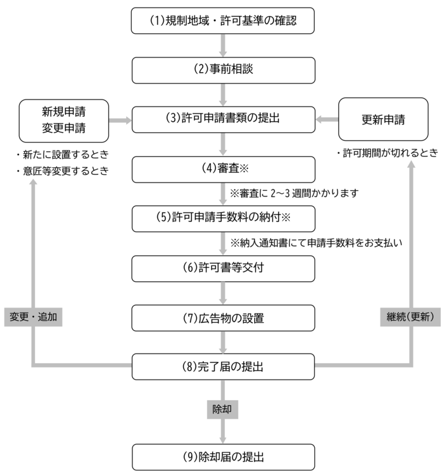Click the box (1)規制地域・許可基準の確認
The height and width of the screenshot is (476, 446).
point(224,21)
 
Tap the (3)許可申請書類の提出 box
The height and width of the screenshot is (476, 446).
point(224,119)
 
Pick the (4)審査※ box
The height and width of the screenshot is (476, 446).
point(224,169)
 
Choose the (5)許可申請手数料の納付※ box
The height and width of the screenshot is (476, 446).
point(224,218)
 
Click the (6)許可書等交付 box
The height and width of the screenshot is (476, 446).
point(224,268)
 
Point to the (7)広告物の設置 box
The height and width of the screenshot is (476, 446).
point(224,317)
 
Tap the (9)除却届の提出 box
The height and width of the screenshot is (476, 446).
point(224,457)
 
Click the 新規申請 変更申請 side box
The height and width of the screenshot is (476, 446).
point(64,119)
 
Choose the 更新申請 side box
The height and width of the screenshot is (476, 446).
point(384,119)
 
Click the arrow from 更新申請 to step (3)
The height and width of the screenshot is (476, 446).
point(326,119)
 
